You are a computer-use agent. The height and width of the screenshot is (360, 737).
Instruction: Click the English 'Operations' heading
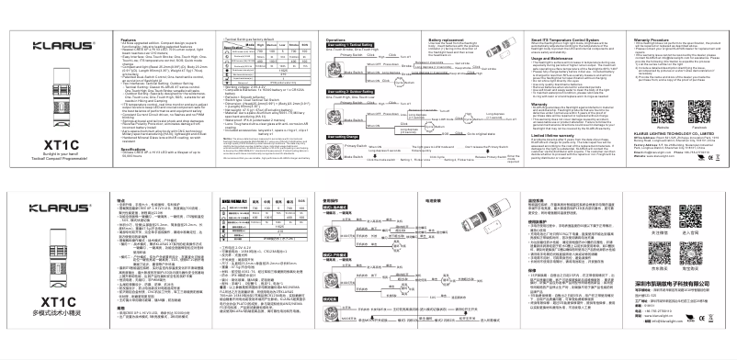point(335,39)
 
